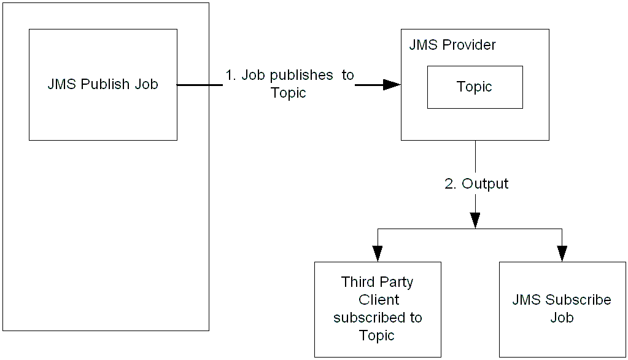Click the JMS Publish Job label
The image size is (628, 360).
click(103, 85)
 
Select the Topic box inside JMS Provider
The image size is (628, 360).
click(475, 87)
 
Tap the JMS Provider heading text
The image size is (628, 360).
click(452, 45)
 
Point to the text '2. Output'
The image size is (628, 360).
click(476, 184)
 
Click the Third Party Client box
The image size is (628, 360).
click(378, 309)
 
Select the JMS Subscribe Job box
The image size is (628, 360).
click(562, 309)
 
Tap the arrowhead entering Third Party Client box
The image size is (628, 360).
click(378, 254)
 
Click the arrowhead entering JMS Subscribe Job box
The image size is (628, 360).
click(562, 254)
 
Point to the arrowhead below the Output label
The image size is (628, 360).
click(475, 220)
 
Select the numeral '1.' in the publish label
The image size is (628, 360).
click(231, 75)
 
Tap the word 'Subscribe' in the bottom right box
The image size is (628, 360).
click(576, 300)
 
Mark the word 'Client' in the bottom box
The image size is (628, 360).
click(379, 300)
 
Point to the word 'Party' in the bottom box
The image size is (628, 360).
click(395, 282)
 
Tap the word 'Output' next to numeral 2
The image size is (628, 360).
click(485, 184)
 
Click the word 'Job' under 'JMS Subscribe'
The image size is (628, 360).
click(562, 318)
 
